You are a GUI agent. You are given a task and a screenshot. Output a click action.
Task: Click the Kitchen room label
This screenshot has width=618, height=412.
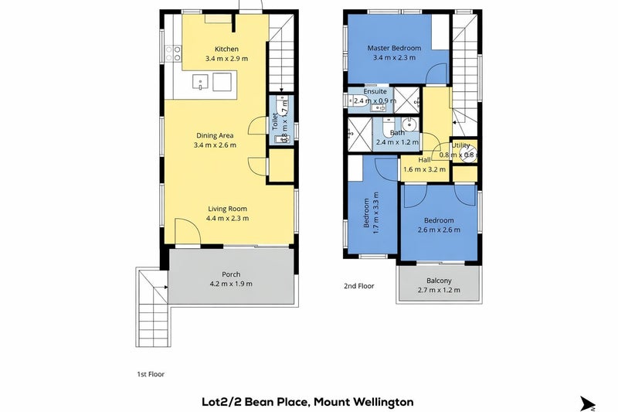(226, 49)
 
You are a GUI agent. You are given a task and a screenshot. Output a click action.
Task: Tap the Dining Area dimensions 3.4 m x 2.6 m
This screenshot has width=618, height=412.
(216, 145)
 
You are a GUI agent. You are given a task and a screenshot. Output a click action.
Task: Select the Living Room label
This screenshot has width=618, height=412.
(227, 209)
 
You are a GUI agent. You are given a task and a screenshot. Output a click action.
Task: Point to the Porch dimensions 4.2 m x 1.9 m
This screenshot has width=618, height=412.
(231, 284)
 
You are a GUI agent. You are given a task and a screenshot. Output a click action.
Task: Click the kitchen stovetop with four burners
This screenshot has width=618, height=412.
(173, 54)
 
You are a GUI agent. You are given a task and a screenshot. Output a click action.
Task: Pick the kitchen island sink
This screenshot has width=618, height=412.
(200, 83)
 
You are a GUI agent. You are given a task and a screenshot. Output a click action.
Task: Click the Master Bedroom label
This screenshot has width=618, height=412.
(394, 48)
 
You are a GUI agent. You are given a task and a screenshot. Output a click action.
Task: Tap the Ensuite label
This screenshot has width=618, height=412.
(375, 91)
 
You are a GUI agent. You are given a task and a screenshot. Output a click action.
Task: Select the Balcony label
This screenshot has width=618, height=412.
(439, 281)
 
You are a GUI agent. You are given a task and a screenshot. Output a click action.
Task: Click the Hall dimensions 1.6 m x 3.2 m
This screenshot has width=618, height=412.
(424, 169)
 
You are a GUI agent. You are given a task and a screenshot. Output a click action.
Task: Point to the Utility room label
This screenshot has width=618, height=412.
(460, 145)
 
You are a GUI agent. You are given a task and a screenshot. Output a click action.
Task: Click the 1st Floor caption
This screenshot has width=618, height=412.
(151, 374)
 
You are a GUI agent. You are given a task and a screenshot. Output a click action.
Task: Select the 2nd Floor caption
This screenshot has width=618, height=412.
(359, 286)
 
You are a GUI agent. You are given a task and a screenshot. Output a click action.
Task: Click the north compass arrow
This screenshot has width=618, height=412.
(588, 403)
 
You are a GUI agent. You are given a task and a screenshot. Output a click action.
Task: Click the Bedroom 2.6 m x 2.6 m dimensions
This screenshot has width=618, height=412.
(439, 230)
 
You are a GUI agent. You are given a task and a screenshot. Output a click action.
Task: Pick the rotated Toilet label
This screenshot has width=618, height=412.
(275, 121)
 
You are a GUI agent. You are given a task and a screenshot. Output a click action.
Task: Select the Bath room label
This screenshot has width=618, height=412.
(397, 133)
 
